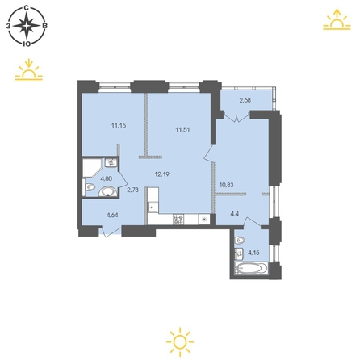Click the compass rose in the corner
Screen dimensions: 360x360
point(27,26)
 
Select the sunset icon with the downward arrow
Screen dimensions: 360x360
point(29,69)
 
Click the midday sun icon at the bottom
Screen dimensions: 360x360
point(180,341)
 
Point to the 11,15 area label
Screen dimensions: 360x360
point(119,125)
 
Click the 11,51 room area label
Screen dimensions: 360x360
point(182,129)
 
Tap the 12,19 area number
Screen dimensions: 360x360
point(162,174)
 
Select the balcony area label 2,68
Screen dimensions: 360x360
point(245,100)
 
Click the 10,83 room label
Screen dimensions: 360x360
point(226,185)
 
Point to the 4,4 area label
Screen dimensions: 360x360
point(235,214)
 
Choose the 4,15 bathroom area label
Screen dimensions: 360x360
point(253,253)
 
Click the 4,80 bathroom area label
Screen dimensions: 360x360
point(107,178)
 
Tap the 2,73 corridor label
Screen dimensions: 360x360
point(132,190)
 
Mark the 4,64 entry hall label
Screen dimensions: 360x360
point(113,215)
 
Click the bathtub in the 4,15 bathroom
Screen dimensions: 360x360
point(251,268)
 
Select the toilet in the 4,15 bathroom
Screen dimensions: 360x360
point(239,241)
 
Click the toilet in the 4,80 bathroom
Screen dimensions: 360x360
point(89,186)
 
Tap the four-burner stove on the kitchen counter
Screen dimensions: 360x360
point(178,219)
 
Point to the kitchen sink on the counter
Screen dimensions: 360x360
point(153,207)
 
